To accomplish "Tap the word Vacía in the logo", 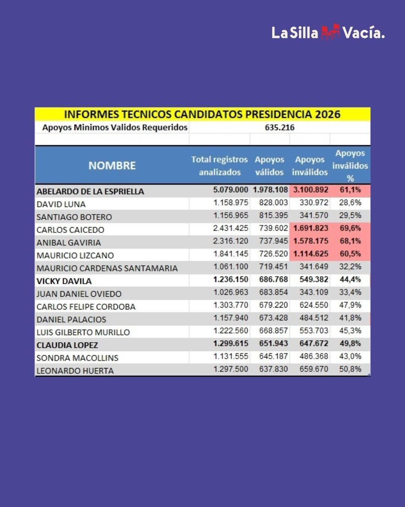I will pos(363,33).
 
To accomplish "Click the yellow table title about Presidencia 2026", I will pos(202,114).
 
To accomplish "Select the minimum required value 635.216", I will pos(279,127).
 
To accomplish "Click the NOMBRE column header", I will pos(112,165).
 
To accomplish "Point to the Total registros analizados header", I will pos(219,166).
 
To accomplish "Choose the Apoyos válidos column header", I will pos(269,166).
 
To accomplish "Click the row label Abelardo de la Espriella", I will pos(90,191).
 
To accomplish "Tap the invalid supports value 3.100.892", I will pos(310,190).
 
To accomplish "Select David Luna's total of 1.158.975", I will pos(231,202).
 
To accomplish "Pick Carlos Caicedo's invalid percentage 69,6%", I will pos(350,228).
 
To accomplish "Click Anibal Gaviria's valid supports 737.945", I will pos(273,241).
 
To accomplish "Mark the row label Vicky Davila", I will pos(64,281).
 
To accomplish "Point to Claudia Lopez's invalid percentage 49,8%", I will pos(350,343).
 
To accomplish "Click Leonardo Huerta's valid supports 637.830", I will pos(273,369).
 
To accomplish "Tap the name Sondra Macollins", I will pos(77,358).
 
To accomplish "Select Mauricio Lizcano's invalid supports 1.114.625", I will pos(310,253).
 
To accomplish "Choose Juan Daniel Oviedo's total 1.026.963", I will pos(231,292).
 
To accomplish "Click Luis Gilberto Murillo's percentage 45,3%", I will pos(350,330).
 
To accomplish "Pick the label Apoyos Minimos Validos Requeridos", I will pos(115,127).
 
